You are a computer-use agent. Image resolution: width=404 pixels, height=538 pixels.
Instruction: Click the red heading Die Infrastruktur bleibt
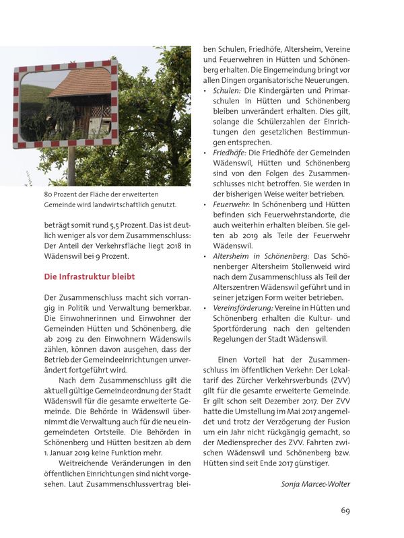tap(89, 276)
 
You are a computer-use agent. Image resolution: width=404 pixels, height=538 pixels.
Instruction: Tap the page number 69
tap(345, 510)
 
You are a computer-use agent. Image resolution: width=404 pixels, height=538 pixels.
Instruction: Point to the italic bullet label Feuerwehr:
tap(232, 204)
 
